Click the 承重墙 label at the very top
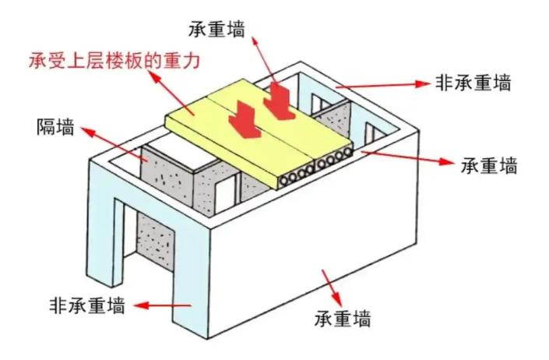click(216, 29)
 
